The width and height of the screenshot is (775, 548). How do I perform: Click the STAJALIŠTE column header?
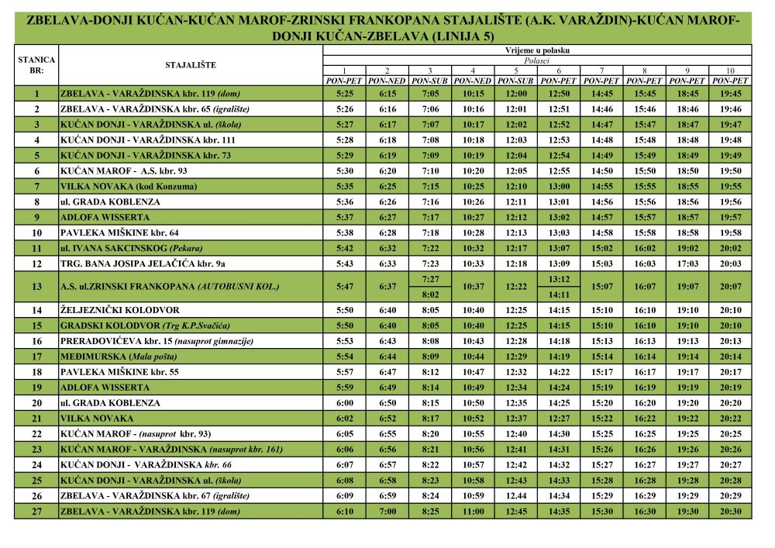[191, 65]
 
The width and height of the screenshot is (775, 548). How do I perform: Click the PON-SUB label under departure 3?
[430, 81]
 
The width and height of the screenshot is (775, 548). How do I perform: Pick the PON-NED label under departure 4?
[473, 81]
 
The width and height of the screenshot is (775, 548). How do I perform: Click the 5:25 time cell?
[345, 94]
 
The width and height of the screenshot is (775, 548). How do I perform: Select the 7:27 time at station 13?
[430, 279]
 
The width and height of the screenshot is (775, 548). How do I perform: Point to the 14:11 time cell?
[559, 295]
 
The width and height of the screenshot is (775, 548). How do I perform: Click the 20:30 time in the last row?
[730, 512]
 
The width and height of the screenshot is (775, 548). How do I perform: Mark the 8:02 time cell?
[430, 295]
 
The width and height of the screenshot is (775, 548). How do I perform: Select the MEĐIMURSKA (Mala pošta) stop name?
[118, 357]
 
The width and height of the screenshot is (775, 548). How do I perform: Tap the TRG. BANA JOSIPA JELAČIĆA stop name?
[136, 264]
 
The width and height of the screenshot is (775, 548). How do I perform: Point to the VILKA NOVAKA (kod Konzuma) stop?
[129, 186]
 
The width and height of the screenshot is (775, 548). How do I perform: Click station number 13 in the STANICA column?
[36, 287]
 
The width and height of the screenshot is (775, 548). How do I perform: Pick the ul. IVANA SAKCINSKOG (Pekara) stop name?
[126, 248]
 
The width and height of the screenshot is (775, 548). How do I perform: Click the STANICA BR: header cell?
[36, 65]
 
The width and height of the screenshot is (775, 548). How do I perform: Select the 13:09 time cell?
[559, 264]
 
